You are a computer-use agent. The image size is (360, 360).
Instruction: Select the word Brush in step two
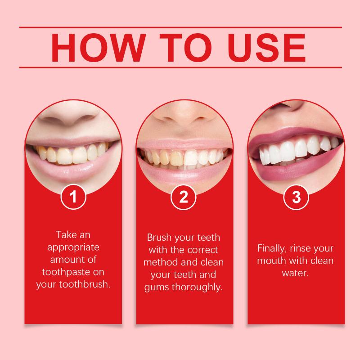(159, 238)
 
